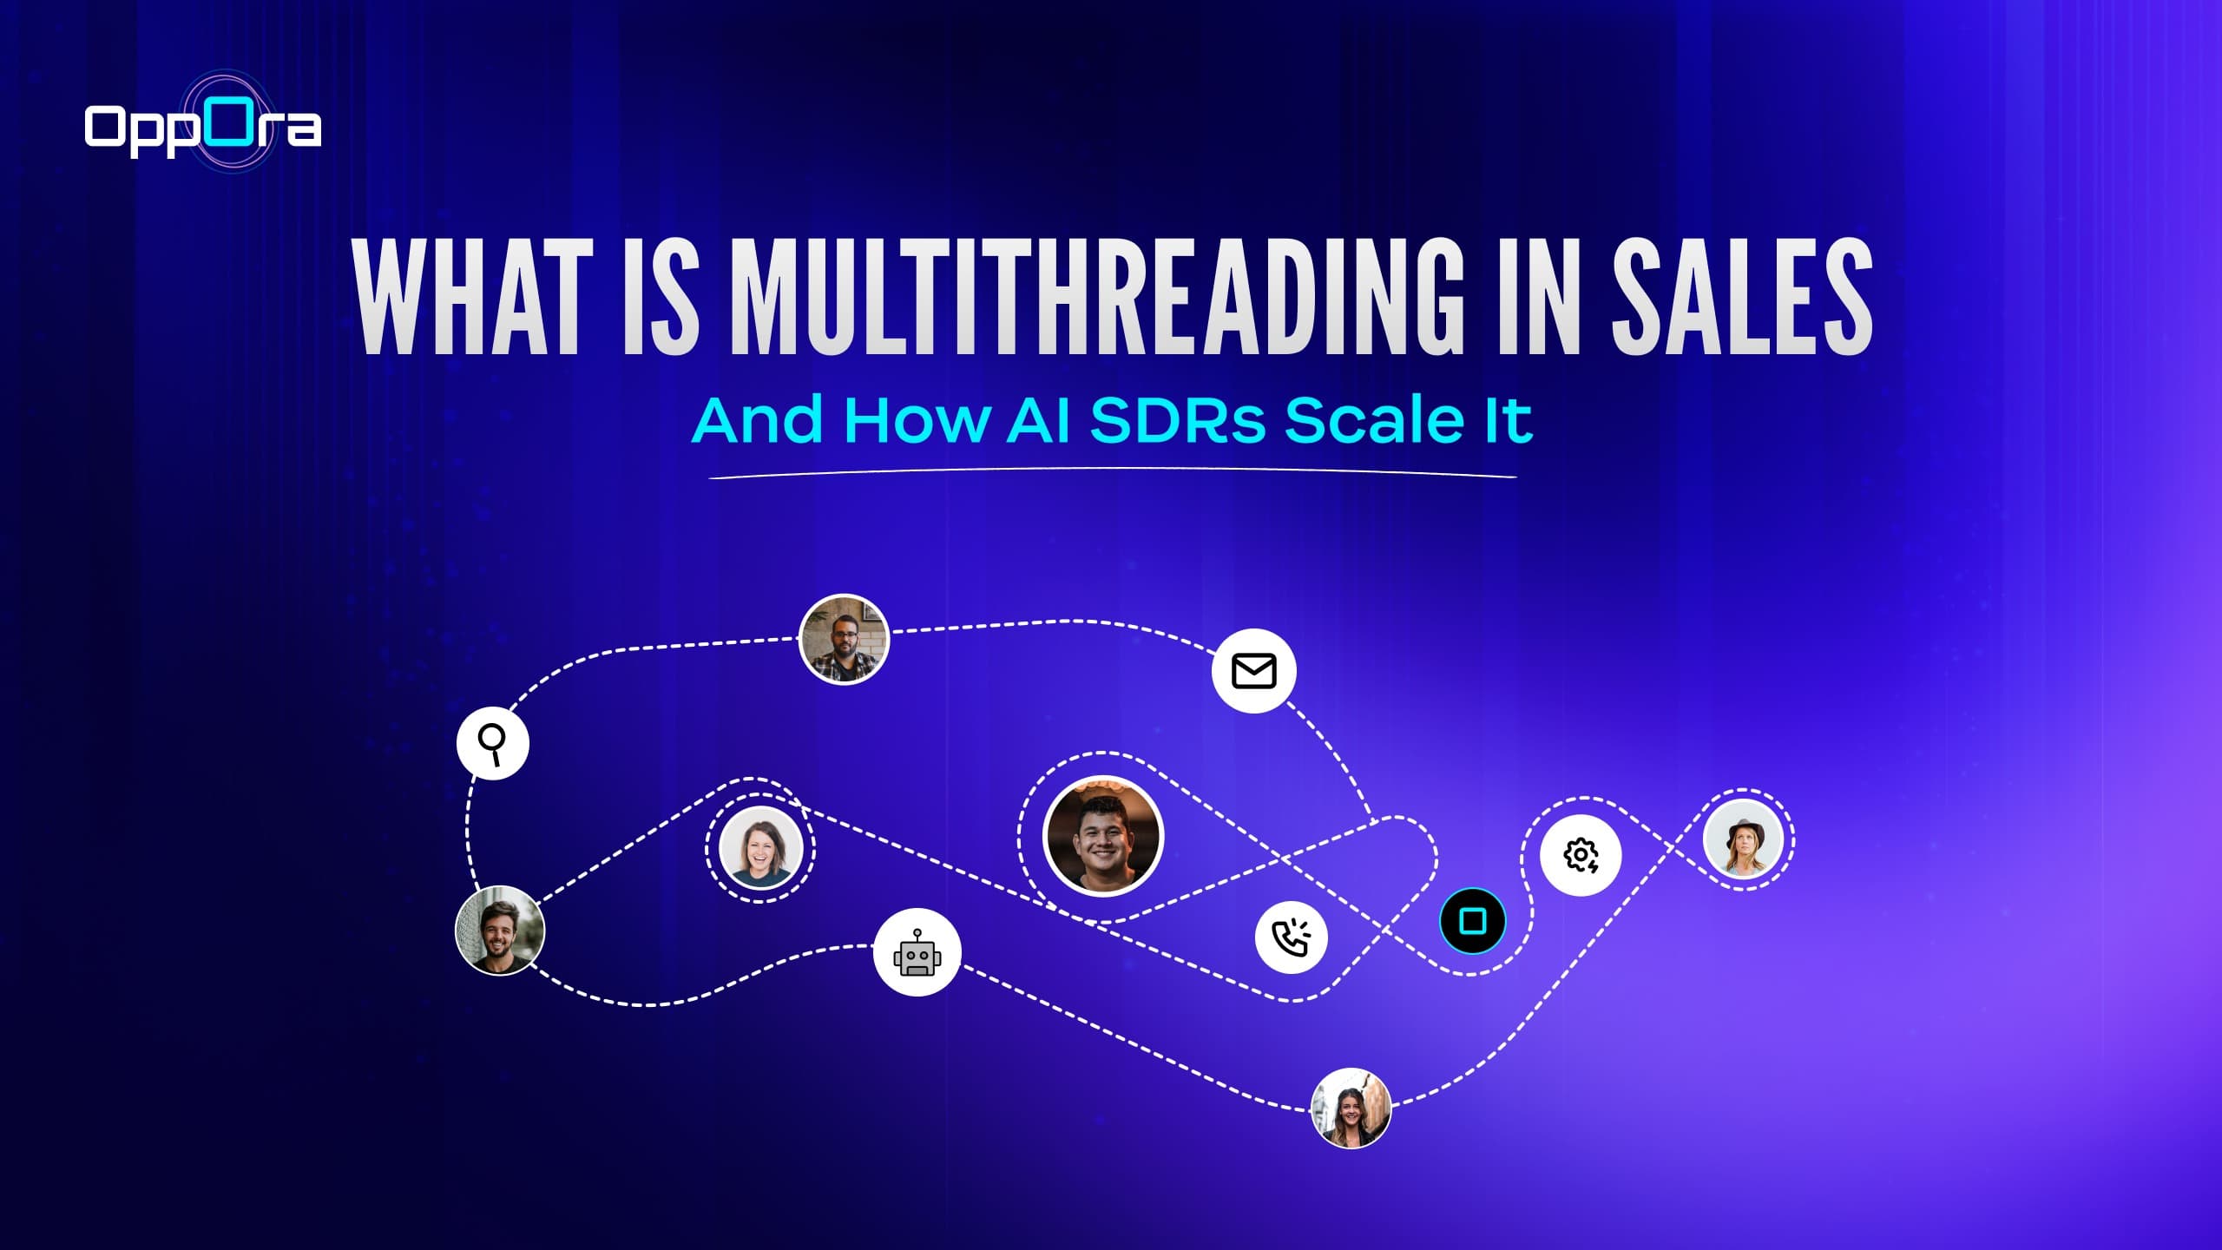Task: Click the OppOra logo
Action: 203,127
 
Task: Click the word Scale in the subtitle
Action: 1372,421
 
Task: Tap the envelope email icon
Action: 1253,671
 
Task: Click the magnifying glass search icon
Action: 493,743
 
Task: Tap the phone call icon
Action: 1291,937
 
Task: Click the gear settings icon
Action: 1581,855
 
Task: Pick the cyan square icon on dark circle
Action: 1472,920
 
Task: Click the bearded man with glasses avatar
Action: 844,640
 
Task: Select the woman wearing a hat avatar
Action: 1743,839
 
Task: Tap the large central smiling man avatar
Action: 1103,835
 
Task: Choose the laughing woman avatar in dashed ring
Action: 760,847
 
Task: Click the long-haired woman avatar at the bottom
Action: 1351,1109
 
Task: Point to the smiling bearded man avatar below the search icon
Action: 500,931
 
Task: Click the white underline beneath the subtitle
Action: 1113,474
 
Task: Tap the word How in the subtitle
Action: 917,421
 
